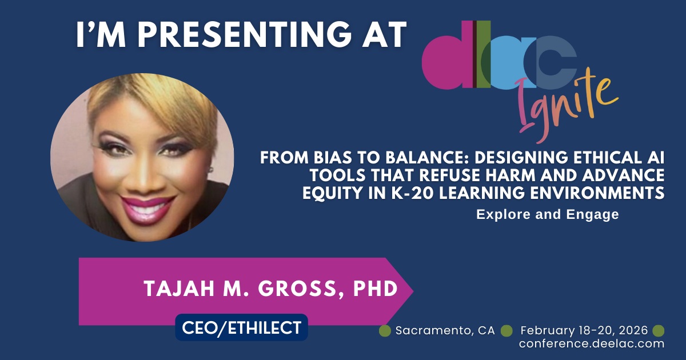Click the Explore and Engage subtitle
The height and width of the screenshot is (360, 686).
[548, 215]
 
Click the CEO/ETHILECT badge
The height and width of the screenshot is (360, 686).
[241, 327]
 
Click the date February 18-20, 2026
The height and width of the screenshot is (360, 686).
[584, 331]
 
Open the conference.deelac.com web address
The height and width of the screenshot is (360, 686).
[592, 343]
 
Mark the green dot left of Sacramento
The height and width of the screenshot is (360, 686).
[385, 331]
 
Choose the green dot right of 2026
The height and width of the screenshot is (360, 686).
[659, 331]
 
